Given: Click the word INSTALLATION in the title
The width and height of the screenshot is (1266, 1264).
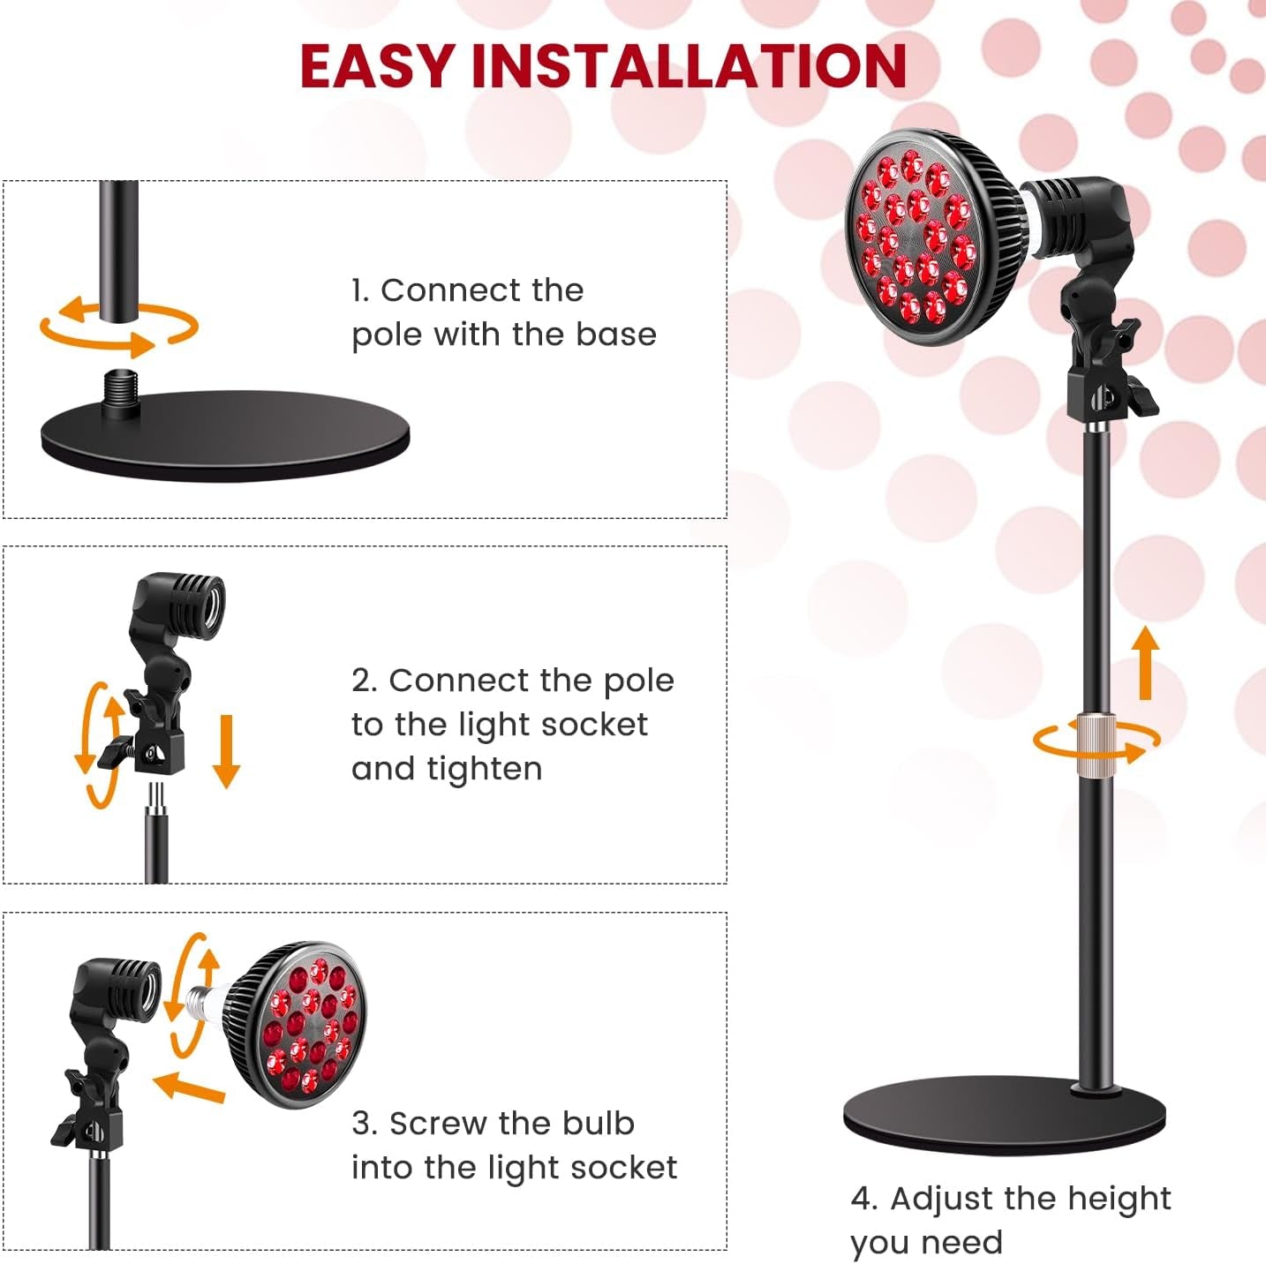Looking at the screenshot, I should coord(690,65).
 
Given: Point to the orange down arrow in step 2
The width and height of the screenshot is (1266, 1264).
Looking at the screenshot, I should coord(227,750).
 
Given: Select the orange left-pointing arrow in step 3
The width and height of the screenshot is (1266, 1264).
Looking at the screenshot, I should coord(190,1087).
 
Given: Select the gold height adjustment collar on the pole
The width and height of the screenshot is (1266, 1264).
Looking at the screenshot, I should coord(1095,737).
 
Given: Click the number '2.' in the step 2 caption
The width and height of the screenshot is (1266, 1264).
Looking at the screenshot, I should coord(365,681).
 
